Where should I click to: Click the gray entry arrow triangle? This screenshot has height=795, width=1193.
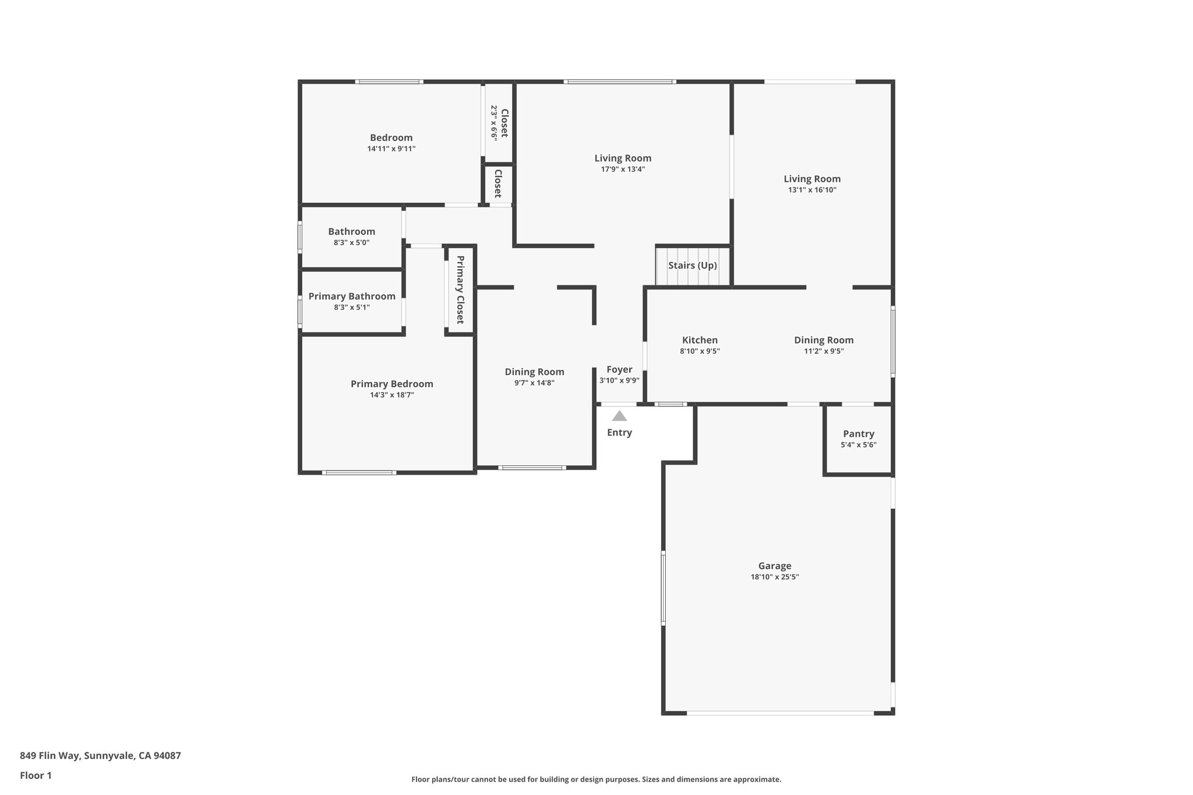619,416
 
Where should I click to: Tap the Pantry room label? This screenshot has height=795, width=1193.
858,434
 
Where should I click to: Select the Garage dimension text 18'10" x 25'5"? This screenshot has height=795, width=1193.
774,577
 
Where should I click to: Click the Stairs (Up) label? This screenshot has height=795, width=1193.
692,266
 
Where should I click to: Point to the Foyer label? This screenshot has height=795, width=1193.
619,369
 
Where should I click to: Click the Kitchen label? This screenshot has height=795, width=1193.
700,340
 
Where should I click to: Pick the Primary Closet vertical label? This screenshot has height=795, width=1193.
460,289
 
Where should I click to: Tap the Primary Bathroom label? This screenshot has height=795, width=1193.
352,296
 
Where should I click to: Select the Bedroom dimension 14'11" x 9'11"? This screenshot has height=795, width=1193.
391,149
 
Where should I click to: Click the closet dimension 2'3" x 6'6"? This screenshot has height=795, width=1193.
494,122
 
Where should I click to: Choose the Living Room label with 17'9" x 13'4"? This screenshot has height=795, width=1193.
623,158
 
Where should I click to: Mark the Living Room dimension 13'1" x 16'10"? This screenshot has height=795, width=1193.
812,190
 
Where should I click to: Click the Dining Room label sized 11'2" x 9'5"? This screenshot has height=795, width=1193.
824,340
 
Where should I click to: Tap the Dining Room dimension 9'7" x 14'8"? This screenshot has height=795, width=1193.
534,383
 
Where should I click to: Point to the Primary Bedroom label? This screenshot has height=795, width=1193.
391,384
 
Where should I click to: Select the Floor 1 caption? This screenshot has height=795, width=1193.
36,776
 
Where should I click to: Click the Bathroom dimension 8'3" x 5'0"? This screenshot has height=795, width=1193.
351,243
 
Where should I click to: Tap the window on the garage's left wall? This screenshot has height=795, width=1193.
663,588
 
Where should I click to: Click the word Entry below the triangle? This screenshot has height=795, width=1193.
619,433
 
